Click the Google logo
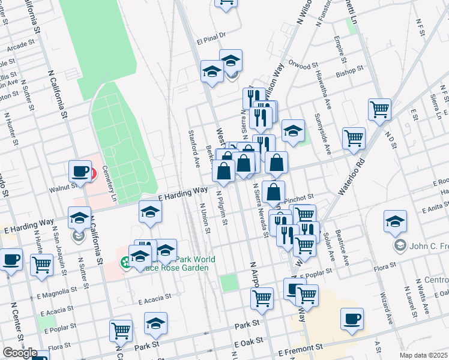(x=19, y=353)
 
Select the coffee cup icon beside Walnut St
(x=79, y=172)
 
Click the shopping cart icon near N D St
(x=379, y=109)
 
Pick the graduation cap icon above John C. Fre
(x=395, y=221)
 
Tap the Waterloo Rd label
(x=351, y=176)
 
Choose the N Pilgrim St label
(x=220, y=207)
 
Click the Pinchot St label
(x=300, y=197)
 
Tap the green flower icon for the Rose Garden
(x=125, y=262)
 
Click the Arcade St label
(x=21, y=44)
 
